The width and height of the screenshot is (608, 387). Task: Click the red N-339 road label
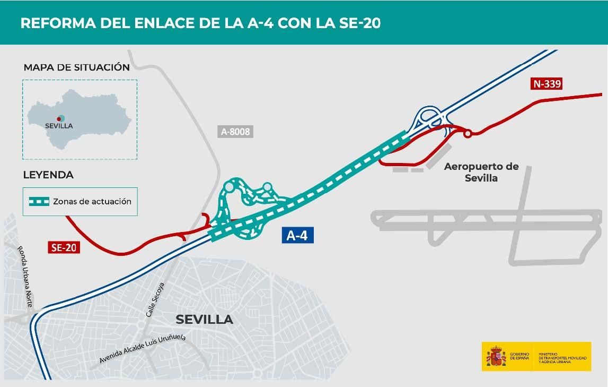(x=546, y=83)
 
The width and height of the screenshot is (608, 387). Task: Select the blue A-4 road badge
(x=297, y=236)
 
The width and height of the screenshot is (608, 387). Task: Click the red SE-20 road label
(x=64, y=247)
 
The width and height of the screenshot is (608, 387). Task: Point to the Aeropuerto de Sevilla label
(x=481, y=172)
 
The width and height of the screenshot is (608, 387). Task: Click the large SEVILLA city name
(x=204, y=319)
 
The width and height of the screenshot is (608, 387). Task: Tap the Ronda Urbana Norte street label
(x=25, y=276)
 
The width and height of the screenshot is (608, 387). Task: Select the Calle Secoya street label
(x=155, y=300)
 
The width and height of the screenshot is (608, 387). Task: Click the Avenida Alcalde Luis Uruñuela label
(x=143, y=349)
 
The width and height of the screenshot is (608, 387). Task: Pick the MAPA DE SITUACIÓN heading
(x=76, y=67)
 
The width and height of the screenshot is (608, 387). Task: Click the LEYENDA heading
(x=48, y=175)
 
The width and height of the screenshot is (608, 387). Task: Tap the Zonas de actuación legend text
(x=92, y=201)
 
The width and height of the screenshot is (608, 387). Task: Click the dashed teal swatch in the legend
(x=38, y=201)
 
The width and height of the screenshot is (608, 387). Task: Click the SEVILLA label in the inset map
(x=59, y=126)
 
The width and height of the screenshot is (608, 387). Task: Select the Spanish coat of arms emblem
(x=496, y=356)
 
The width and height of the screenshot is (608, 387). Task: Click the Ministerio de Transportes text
(x=562, y=357)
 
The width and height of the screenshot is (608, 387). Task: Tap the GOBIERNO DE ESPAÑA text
(x=519, y=356)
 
